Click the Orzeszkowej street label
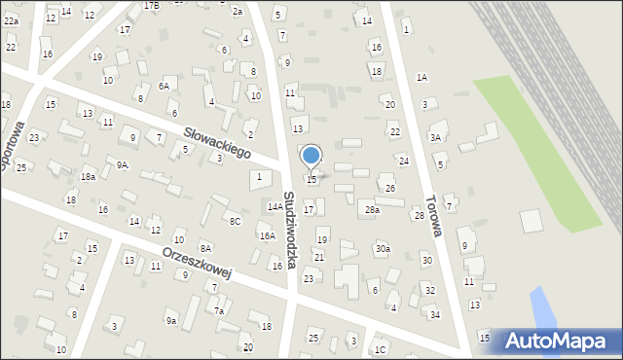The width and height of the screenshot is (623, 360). point(197,261)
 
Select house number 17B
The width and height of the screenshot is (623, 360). point(151,5)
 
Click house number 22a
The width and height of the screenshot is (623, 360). point(11,20)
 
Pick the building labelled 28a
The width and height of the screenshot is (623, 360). point(372,209)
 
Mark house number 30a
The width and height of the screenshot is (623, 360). point(383,249)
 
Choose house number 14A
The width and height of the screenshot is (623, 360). point(275,206)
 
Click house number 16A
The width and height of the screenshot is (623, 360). point(267,235)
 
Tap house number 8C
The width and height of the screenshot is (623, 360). point(235,221)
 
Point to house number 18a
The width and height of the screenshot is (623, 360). point(88,177)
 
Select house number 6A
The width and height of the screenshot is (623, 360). point(165,86)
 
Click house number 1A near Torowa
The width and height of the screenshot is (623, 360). point(421,77)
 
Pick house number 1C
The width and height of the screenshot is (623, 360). point(381,349)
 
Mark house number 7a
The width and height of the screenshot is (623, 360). point(219,311)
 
